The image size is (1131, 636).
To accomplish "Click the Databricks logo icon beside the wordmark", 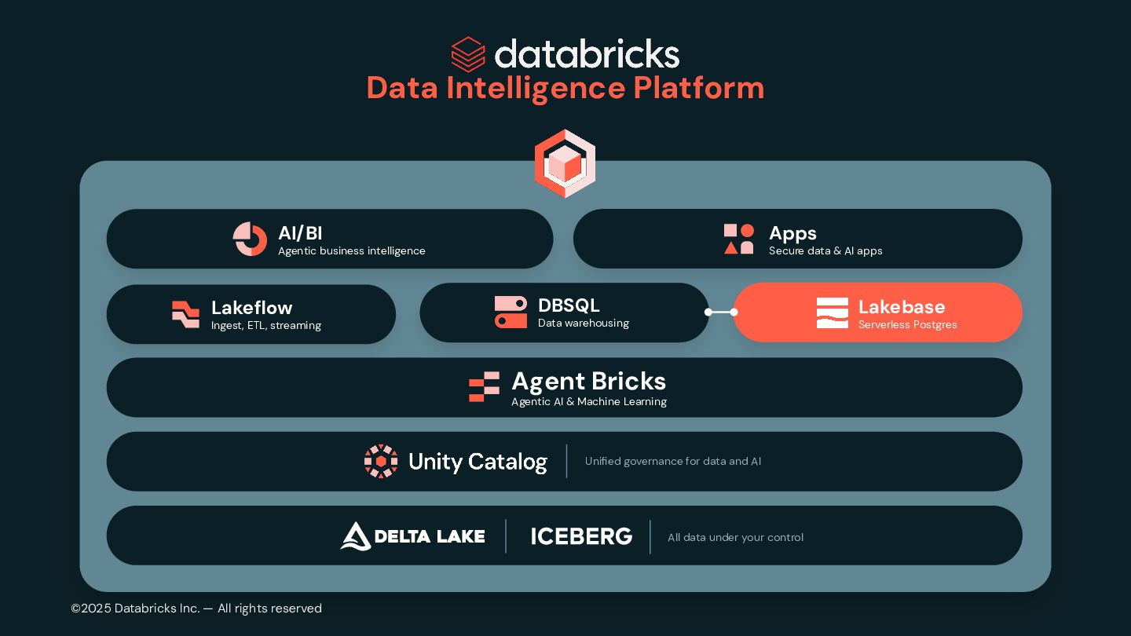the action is tap(468, 54).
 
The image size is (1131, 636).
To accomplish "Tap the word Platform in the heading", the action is tap(698, 88).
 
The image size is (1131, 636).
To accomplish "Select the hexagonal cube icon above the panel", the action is tap(565, 163).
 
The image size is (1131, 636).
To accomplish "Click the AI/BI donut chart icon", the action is tap(250, 239).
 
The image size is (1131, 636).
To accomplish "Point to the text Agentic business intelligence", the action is tap(351, 251).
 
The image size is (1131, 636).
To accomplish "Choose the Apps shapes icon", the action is tap(739, 239).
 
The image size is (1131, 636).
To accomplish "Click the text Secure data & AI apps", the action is tap(825, 251).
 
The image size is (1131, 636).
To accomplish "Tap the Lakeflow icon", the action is tap(185, 314).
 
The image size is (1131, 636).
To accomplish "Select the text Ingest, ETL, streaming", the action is tap(265, 326).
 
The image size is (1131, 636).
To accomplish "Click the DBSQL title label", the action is tap(568, 305).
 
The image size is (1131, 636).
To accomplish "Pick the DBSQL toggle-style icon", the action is tap(511, 313).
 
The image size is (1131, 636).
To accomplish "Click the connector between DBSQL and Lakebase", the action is tap(721, 312).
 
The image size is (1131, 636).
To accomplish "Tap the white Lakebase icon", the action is tap(832, 313).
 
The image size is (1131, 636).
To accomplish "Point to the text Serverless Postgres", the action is tap(907, 325).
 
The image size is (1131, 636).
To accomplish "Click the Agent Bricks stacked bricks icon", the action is tap(484, 387).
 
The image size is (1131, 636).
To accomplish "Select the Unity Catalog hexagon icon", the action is tap(381, 462).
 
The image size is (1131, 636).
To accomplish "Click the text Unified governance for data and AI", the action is tap(672, 462).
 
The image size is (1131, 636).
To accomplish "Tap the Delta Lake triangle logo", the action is tap(356, 536).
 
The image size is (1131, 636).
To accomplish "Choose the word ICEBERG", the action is tap(581, 536).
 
